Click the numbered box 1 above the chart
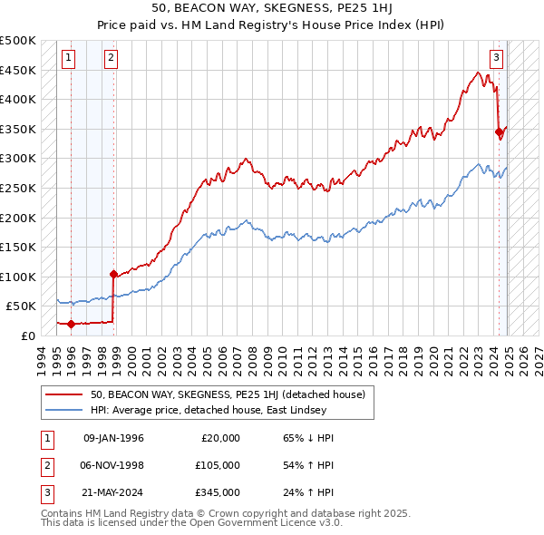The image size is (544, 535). point(70,58)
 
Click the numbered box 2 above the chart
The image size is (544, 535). point(110,58)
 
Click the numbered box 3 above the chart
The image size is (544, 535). point(497,58)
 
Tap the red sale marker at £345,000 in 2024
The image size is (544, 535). point(499,131)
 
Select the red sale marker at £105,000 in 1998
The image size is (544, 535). point(113,274)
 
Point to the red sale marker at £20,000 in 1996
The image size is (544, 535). point(71,324)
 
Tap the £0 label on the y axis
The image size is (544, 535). point(28,336)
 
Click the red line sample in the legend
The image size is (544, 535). point(65,394)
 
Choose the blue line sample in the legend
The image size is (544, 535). point(65,410)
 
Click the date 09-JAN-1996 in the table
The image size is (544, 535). point(113,438)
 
